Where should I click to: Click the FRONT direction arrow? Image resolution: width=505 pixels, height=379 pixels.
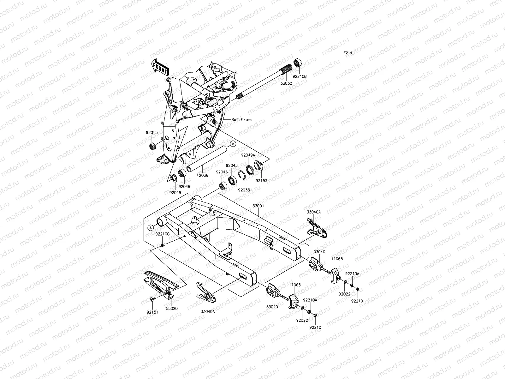coord(160,67)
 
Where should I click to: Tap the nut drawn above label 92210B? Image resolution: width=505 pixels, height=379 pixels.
coord(297,62)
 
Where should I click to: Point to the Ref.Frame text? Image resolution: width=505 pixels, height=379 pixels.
coord(242,120)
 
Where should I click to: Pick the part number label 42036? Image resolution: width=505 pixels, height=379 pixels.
coord(202,175)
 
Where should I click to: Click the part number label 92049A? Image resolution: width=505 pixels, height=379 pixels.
coord(248,155)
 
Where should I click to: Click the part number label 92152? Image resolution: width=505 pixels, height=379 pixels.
coord(261,181)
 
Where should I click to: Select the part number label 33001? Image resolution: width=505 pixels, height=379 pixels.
coord(258,206)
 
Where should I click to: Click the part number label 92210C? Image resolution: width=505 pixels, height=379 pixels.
coord(163,234)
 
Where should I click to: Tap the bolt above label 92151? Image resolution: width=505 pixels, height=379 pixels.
coord(152,298)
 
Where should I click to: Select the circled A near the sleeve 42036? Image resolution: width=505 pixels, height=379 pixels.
coord(233,144)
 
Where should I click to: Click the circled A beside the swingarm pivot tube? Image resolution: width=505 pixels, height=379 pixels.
coord(151,227)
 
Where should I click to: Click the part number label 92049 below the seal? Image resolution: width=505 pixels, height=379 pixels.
coord(175,192)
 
